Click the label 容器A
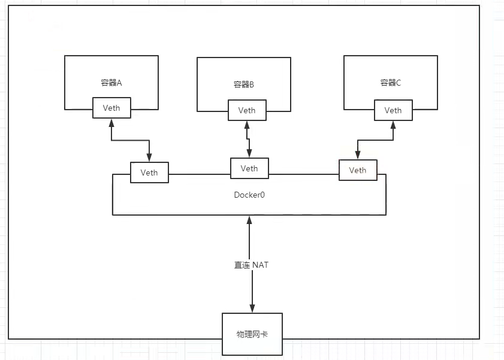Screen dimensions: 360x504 click(111, 83)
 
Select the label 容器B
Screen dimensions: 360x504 click(244, 85)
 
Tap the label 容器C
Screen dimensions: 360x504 click(390, 83)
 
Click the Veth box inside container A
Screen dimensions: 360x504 click(111, 108)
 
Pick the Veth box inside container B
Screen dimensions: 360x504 click(247, 110)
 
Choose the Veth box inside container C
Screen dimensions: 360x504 click(393, 110)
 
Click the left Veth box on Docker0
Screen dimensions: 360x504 click(149, 173)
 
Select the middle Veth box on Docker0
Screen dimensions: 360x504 click(249, 168)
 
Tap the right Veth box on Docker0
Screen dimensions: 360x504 click(358, 170)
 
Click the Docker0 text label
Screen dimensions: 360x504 click(249, 195)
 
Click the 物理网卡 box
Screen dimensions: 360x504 click(252, 333)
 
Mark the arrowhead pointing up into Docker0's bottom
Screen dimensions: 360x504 click(252, 220)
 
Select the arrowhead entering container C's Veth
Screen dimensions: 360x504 click(393, 125)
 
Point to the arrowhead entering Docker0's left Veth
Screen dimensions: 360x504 click(149, 157)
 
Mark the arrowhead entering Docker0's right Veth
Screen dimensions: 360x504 click(358, 155)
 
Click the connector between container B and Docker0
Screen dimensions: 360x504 click(248, 139)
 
